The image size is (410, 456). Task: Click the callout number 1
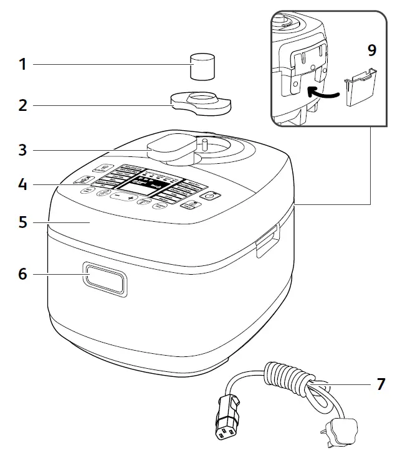[22, 64]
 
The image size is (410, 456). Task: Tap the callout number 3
[22, 150]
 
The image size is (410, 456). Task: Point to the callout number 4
[22, 185]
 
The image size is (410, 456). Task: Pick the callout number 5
[22, 222]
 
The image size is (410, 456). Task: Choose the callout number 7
[381, 384]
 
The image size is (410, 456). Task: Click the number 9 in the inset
[372, 50]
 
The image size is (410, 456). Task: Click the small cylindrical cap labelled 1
[202, 67]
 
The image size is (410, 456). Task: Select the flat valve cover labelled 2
[199, 102]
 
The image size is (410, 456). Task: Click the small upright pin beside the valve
[203, 147]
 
